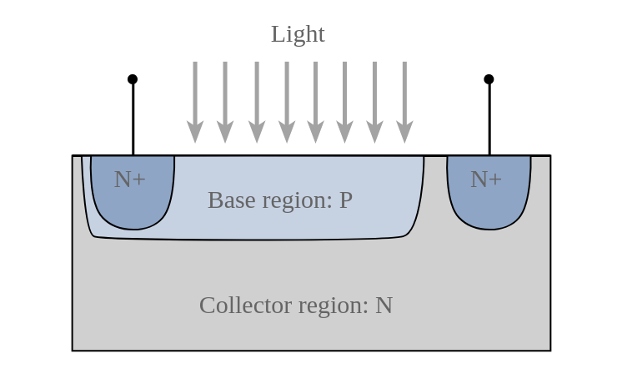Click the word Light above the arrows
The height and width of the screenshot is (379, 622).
click(x=298, y=34)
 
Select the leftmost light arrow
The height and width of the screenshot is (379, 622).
click(x=195, y=100)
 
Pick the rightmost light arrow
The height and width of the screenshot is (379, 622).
click(x=404, y=100)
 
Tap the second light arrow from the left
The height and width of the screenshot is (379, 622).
click(x=225, y=100)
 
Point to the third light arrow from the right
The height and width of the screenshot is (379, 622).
click(x=345, y=100)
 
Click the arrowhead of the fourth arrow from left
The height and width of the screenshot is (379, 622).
click(x=287, y=132)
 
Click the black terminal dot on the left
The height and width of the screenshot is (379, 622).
click(x=133, y=79)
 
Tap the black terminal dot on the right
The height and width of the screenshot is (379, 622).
click(x=489, y=79)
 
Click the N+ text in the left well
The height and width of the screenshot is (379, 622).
click(x=130, y=179)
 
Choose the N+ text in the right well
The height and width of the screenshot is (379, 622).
click(x=486, y=179)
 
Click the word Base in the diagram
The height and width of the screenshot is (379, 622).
click(x=226, y=200)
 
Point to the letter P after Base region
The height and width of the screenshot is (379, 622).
click(x=345, y=200)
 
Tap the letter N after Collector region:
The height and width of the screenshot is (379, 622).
click(x=384, y=306)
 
